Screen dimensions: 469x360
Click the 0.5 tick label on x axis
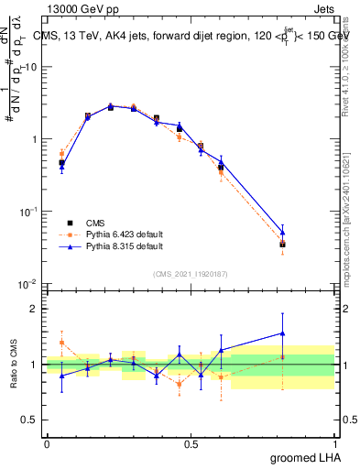[191, 444]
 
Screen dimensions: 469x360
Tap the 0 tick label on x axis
[47, 444]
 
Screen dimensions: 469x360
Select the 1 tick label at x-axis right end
[335, 444]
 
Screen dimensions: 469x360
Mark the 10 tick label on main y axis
[29, 67]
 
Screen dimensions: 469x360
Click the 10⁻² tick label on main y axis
[27, 284]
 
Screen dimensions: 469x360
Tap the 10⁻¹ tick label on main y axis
[27, 212]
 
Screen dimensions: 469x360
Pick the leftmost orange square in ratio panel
[61, 343]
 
